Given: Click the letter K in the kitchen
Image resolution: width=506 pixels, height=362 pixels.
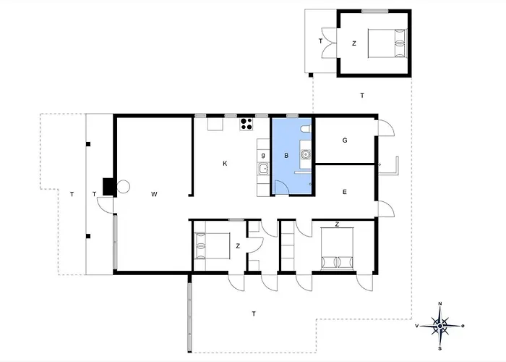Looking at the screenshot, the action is (225, 164).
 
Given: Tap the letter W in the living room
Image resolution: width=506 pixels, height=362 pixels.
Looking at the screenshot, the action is (154, 194).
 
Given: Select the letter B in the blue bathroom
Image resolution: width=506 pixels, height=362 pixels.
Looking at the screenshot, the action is (286, 156).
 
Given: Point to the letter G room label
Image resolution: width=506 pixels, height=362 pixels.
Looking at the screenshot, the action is (345, 140).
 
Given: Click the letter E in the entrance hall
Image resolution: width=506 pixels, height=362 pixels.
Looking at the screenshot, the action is (345, 192).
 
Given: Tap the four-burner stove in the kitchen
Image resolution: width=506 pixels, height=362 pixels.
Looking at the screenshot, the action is (246, 124).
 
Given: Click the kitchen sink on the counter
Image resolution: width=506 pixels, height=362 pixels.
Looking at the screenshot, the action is (263, 169).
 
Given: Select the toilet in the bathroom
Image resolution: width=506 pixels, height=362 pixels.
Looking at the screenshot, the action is (305, 130).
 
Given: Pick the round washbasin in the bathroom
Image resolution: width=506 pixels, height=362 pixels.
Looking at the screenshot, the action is (305, 154).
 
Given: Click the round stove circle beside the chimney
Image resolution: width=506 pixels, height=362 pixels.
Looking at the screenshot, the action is (123, 187).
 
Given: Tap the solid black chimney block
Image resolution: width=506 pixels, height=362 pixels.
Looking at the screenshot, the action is (108, 187).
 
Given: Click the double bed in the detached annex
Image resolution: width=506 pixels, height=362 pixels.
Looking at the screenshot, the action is (387, 43).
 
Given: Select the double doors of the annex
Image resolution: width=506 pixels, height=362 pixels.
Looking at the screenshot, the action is (329, 43).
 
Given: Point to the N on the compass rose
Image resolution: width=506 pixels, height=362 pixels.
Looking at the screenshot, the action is (439, 303).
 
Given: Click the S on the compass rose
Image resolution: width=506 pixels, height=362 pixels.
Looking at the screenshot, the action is (439, 348).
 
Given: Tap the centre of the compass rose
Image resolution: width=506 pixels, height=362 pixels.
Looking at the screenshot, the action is (439, 326).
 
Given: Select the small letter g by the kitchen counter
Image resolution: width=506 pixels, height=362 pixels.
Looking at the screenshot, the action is (263, 155).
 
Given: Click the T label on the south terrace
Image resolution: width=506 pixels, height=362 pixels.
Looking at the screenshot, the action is (254, 313).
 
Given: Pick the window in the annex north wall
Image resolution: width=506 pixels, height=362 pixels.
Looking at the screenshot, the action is (374, 11).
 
